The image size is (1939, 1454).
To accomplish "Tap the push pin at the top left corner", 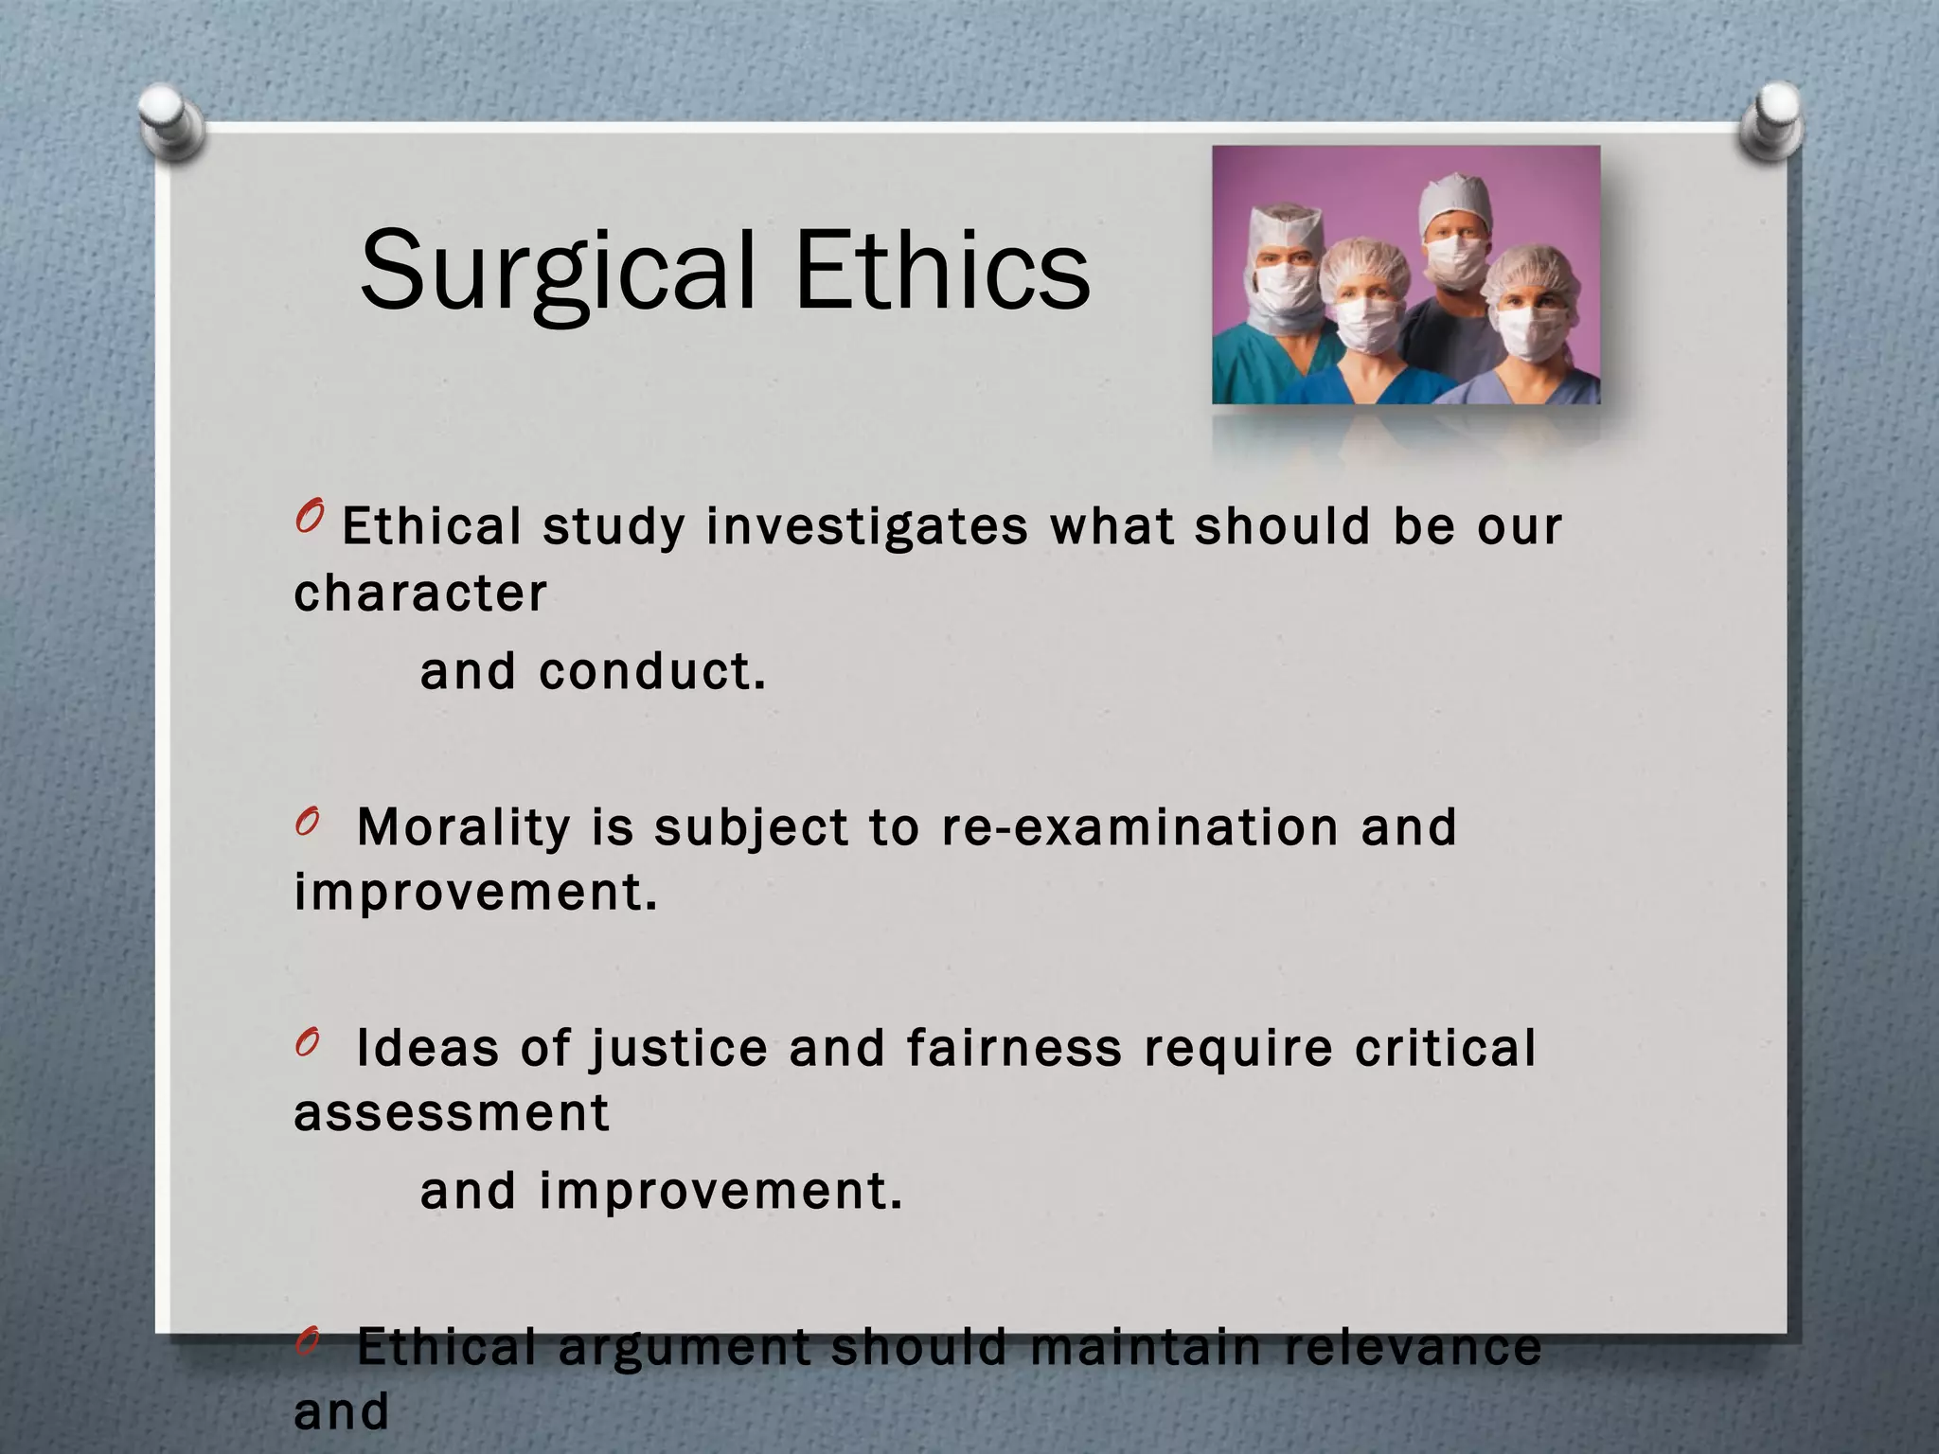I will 170,121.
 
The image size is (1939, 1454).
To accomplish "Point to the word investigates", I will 866,526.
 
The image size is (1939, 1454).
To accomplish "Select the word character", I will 420,594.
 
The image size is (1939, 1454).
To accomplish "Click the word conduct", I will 651,672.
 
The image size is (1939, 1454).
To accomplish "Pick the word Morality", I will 463,827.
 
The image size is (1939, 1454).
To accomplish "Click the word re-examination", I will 1140,827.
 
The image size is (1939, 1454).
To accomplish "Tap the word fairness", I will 1013,1049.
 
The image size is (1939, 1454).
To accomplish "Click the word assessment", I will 452,1113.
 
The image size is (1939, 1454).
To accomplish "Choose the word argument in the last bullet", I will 684,1347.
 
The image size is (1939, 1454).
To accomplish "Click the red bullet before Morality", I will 305,824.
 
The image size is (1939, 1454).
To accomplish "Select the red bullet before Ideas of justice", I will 305,1044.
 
